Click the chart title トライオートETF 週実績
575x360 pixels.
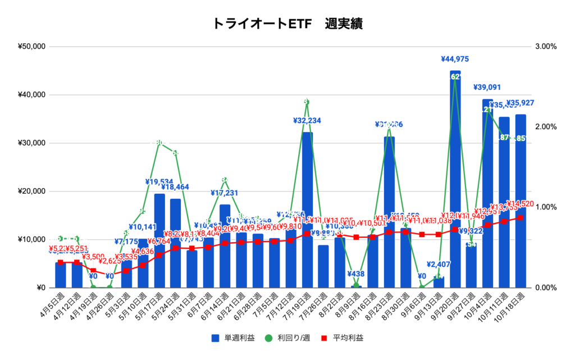pyautogui.click(x=287, y=24)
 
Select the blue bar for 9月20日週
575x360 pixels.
pyautogui.click(x=455, y=180)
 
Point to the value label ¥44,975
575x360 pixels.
pyautogui.click(x=455, y=59)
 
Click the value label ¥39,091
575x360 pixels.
pyautogui.click(x=487, y=87)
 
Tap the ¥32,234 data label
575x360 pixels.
pyautogui.click(x=307, y=120)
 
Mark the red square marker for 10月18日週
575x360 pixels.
pyautogui.click(x=521, y=217)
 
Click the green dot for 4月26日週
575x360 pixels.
pyautogui.click(x=109, y=287)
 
